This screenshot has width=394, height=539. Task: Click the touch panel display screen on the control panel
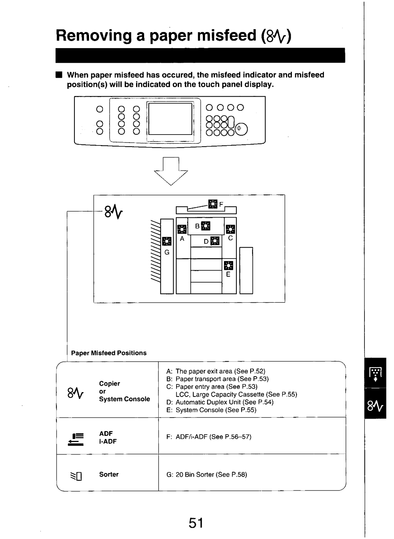pos(170,119)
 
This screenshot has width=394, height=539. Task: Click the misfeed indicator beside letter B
pos(206,226)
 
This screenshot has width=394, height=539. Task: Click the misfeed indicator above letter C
pos(231,229)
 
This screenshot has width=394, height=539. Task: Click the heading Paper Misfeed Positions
pos(109,353)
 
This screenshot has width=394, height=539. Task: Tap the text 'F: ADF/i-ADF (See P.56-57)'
pos(209,437)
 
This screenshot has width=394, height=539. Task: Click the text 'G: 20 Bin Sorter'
pos(207,474)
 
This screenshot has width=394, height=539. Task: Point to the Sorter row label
pos(109,474)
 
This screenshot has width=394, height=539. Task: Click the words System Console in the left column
pos(124,399)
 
